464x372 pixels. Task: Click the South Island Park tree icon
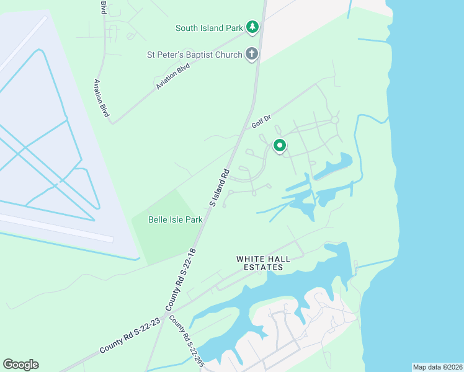tap(252, 27)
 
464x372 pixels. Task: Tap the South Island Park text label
tap(208, 27)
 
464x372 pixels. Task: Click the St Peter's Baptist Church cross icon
tap(252, 54)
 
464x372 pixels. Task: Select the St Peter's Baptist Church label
tap(194, 55)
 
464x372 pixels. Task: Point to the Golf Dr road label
tap(262, 122)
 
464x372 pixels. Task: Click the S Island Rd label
tap(220, 187)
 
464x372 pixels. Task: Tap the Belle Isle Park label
tap(176, 219)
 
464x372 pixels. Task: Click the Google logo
tap(20, 365)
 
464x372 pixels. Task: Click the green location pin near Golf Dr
tap(280, 146)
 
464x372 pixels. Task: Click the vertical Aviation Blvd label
tap(101, 98)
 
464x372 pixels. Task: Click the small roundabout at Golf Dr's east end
tap(335, 120)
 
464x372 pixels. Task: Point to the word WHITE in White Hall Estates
tap(250, 259)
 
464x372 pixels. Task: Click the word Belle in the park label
tap(159, 219)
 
